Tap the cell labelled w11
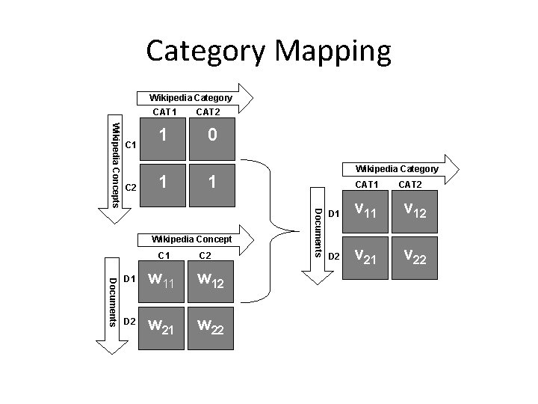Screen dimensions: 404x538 164,281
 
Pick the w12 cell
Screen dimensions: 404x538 213,281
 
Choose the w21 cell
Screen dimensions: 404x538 164,325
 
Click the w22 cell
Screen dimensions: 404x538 213,325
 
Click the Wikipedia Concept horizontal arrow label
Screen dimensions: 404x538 191,239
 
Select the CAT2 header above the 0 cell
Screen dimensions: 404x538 208,112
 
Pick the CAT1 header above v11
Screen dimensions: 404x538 367,183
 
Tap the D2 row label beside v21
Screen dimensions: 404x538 334,257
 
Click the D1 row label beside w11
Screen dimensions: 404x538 129,279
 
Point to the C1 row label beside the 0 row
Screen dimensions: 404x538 130,144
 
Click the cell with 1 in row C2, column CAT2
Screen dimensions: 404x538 213,183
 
